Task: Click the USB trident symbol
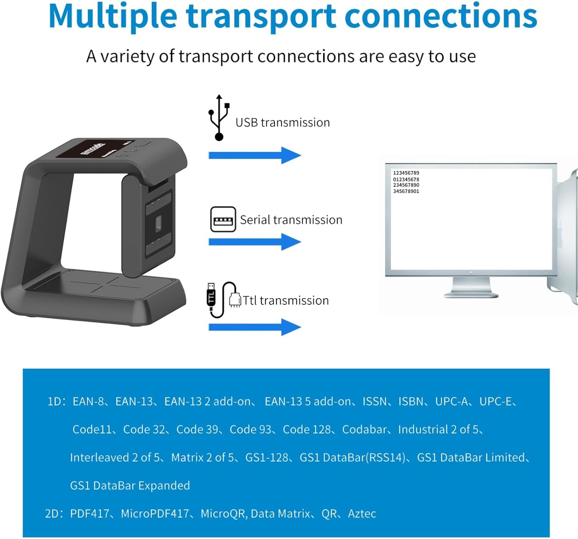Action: pos(219,118)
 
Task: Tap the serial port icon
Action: pos(223,219)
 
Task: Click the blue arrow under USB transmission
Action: pos(254,155)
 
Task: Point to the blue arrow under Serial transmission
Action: pos(254,242)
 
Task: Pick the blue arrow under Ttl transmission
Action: pos(254,327)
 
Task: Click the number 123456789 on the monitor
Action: pos(406,173)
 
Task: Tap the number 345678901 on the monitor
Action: pos(406,191)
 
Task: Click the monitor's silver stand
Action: pos(471,287)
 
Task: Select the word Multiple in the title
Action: pos(113,16)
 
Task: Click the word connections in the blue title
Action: pos(441,16)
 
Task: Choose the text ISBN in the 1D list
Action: pos(410,401)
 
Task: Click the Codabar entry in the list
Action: pos(364,430)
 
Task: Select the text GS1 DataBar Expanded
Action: pos(130,485)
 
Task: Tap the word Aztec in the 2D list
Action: pos(362,514)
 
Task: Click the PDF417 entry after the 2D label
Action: pos(89,514)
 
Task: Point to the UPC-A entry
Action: pos(451,401)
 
